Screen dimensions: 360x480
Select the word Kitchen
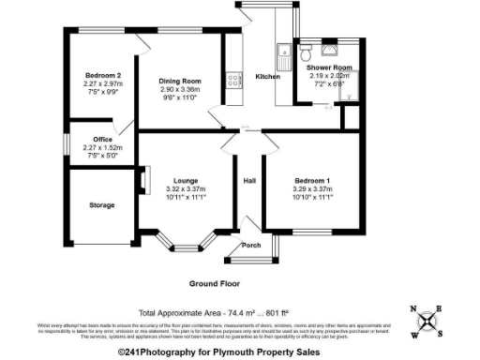[268, 76]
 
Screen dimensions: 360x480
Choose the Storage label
[102, 204]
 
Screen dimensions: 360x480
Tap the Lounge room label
[184, 180]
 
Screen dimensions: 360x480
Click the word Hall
[249, 180]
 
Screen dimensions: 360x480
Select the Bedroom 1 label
[314, 180]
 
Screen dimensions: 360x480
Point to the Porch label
[251, 245]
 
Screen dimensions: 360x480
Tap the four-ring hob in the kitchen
[228, 82]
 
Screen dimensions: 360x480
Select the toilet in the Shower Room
[307, 49]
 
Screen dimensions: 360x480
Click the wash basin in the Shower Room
[329, 49]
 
